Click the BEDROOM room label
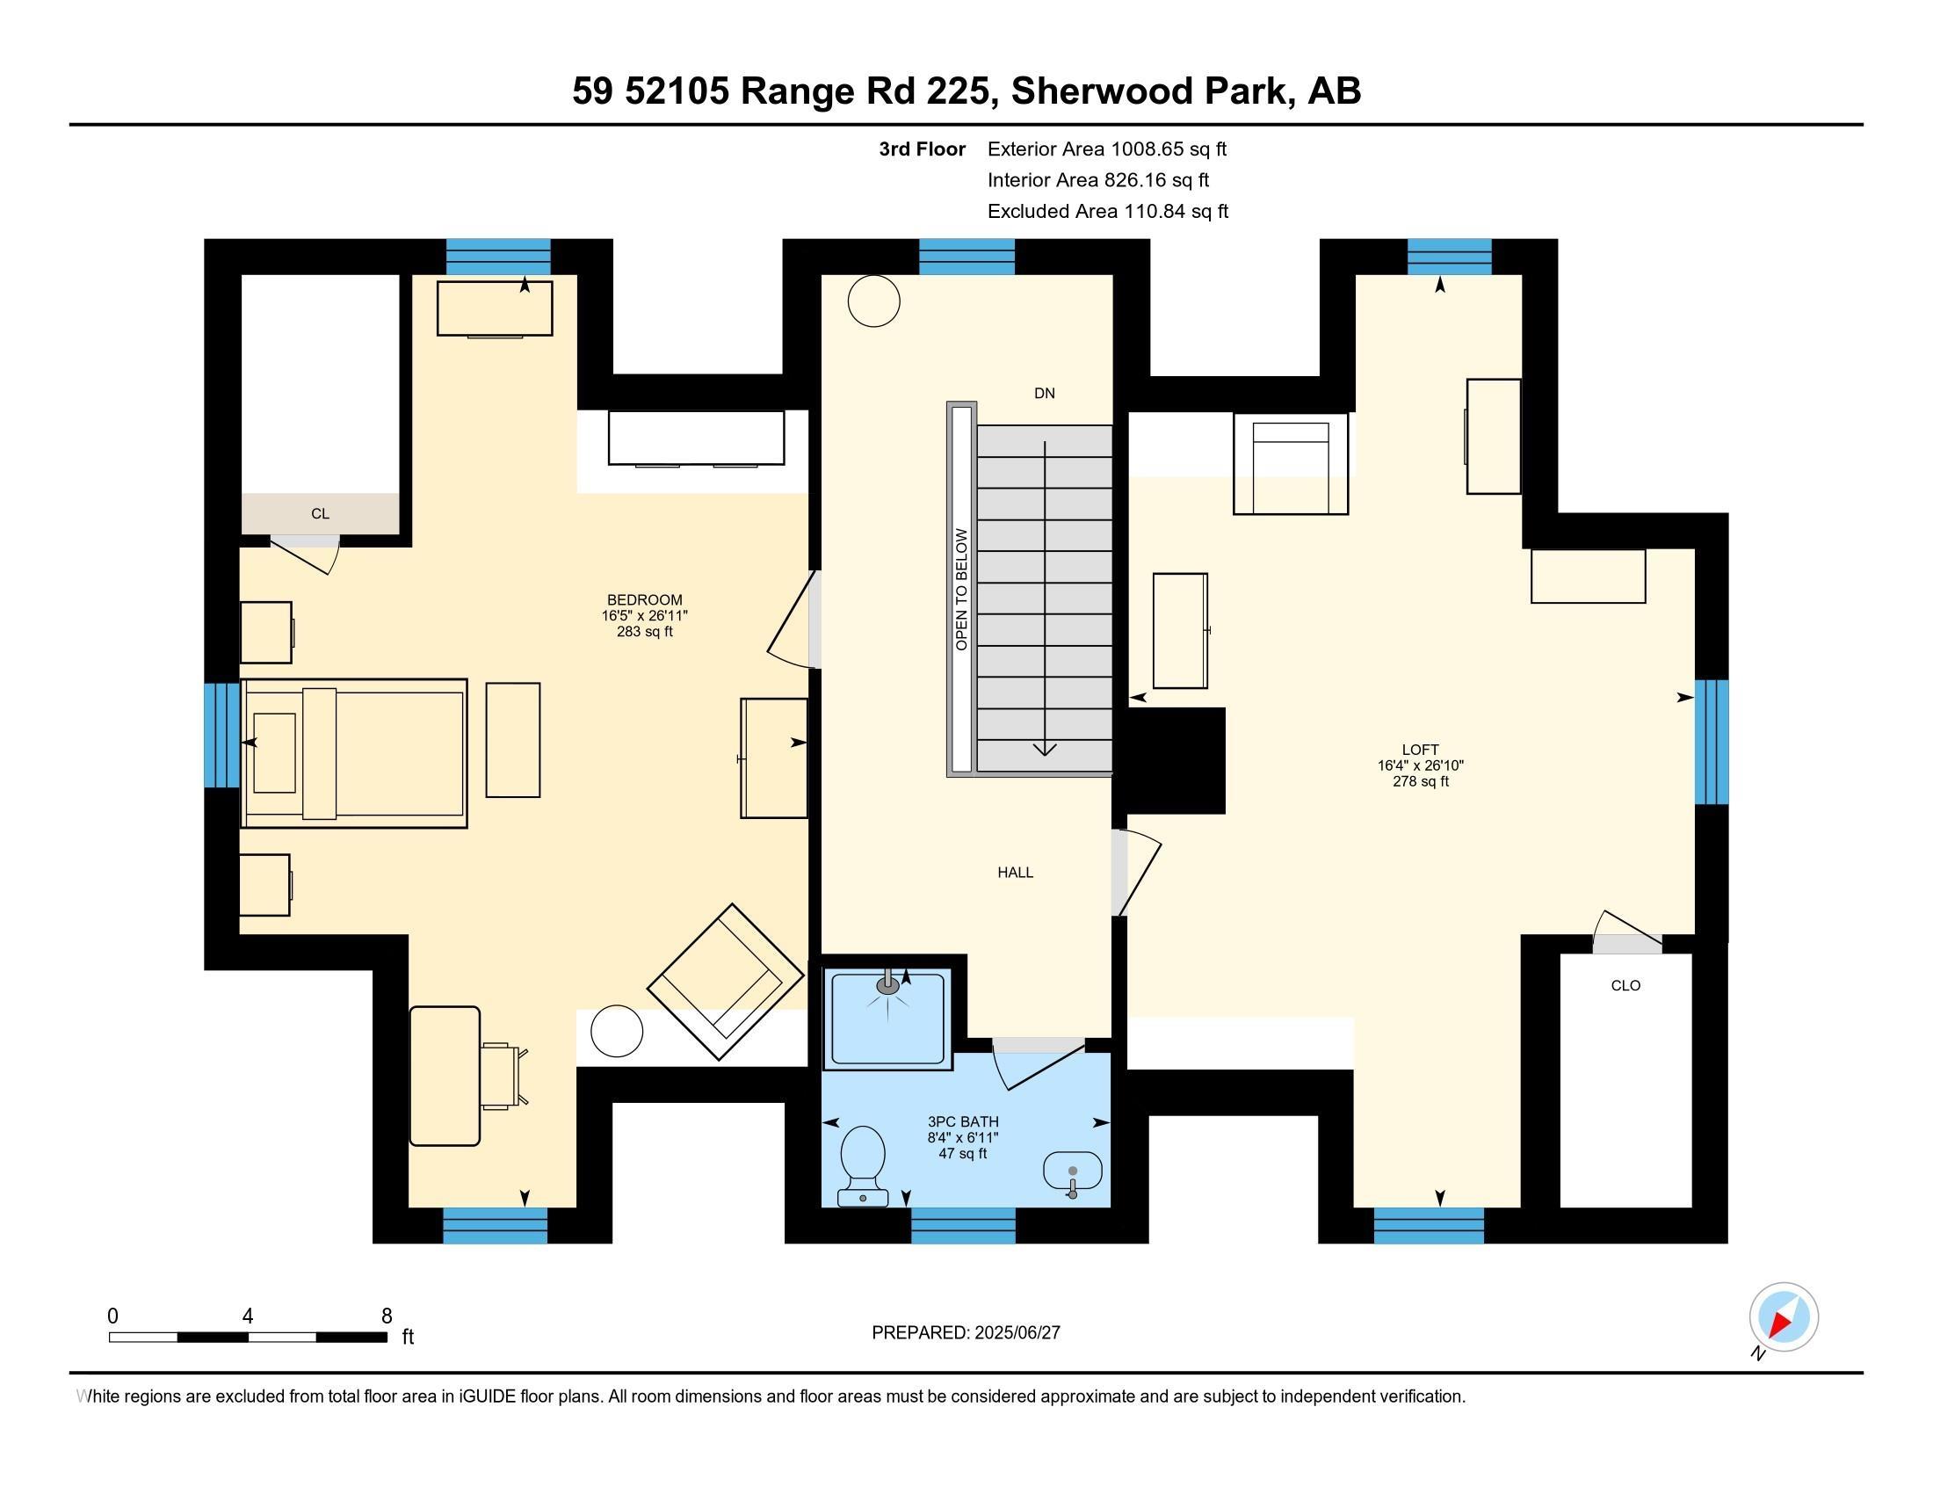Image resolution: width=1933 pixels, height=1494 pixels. (644, 600)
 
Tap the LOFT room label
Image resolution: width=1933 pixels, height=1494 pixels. (1420, 750)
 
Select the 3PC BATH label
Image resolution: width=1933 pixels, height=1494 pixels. (962, 1121)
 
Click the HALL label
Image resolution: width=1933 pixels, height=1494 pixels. (1015, 873)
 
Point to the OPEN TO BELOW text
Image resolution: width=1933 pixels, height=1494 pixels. (962, 590)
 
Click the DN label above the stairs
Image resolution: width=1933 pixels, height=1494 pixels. (1045, 393)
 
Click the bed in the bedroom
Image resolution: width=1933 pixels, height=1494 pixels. (354, 753)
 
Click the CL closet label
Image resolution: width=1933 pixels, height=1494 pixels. (321, 513)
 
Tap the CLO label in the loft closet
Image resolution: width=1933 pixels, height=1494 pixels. (1625, 985)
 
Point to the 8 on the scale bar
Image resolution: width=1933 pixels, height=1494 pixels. (387, 1316)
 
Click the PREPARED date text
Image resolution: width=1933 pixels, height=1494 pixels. (966, 1333)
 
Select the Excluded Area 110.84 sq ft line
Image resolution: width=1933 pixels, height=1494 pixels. (1107, 212)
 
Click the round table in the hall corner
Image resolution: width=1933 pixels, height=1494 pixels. (873, 301)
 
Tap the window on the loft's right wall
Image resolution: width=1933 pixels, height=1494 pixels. (1711, 742)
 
